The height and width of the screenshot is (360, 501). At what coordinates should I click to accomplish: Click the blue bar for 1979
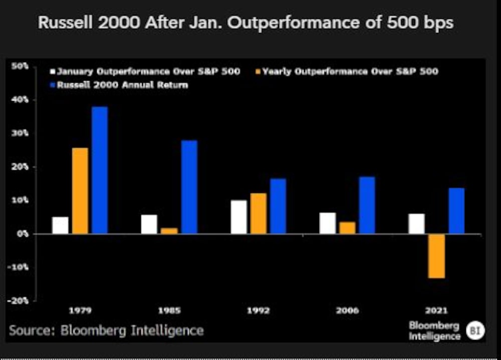100,170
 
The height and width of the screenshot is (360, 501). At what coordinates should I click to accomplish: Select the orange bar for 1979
80,191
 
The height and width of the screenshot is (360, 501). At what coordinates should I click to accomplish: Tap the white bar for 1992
239,217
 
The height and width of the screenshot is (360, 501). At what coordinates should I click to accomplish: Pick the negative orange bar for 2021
436,256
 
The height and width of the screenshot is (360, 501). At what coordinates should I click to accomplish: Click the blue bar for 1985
189,187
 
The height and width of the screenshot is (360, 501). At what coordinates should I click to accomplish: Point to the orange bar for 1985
169,231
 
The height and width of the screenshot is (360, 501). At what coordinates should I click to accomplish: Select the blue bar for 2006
367,205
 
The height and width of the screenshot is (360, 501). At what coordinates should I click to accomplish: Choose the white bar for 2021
416,224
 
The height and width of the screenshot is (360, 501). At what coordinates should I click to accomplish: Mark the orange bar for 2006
347,228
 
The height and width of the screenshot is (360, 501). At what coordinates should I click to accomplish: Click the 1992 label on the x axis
259,310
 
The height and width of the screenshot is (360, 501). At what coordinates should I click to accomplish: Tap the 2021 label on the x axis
437,310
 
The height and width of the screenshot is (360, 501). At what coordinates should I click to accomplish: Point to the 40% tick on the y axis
21,100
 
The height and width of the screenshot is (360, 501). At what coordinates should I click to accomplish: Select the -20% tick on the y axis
20,301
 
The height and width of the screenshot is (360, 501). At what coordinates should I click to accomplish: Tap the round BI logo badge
474,331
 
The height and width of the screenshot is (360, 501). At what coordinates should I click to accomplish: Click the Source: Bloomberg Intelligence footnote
106,330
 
